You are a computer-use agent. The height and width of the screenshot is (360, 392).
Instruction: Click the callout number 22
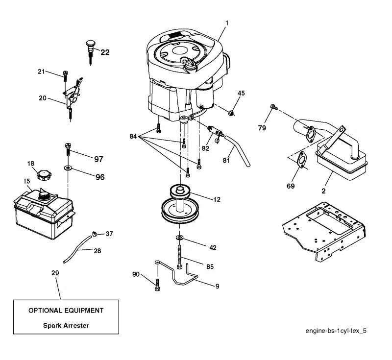pos(105,52)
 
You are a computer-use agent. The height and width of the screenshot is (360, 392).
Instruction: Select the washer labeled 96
pos(68,168)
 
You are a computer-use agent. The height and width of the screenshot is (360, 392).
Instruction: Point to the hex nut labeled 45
pos(232,113)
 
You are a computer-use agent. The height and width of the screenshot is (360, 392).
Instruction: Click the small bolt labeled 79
pos(273,107)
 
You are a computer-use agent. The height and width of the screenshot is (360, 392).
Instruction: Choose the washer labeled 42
pos(179,237)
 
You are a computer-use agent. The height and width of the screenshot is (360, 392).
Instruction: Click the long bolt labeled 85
pos(179,257)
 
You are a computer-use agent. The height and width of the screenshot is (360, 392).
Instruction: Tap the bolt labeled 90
pos(157,285)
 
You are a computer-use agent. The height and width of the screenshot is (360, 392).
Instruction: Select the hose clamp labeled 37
pos(95,234)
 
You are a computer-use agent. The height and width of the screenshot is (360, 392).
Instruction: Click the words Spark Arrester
pos(66,326)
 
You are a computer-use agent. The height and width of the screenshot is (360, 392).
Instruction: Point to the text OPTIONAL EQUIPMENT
pos(66,311)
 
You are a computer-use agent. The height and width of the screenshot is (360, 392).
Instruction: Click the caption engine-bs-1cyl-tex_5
pos(336,331)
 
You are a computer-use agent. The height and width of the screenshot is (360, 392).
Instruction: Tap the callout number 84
pos(133,136)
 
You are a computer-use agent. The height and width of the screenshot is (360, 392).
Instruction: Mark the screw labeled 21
pos(66,76)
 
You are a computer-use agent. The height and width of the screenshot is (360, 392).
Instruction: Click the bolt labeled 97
pos(68,149)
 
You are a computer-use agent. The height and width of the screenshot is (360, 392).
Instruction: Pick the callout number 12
pos(217,199)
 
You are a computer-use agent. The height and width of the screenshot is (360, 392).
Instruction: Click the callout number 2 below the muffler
pos(324,191)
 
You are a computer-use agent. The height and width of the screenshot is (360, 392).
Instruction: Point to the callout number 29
pos(55,273)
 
